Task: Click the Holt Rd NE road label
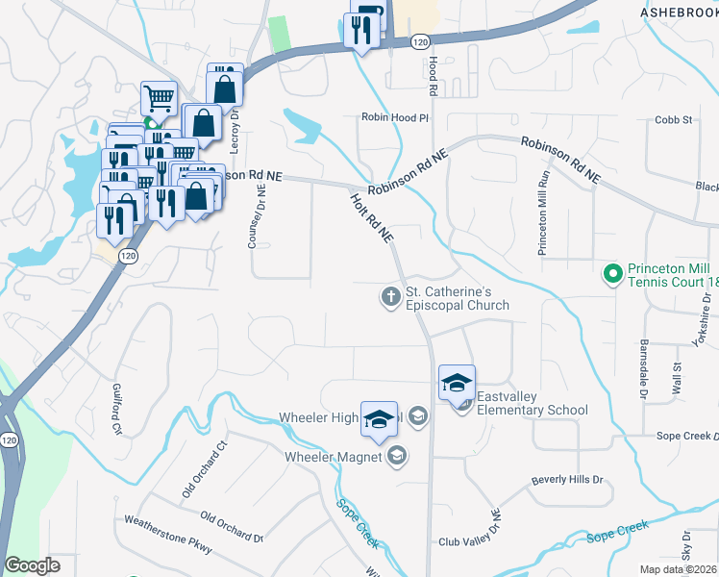372,215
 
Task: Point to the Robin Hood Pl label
394,117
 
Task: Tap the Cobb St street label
674,119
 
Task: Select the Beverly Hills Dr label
566,479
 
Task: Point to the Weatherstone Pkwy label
167,534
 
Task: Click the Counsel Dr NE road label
256,218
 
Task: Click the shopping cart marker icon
160,96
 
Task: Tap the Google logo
32,565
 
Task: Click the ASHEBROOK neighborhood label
678,11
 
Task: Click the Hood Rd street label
434,74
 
